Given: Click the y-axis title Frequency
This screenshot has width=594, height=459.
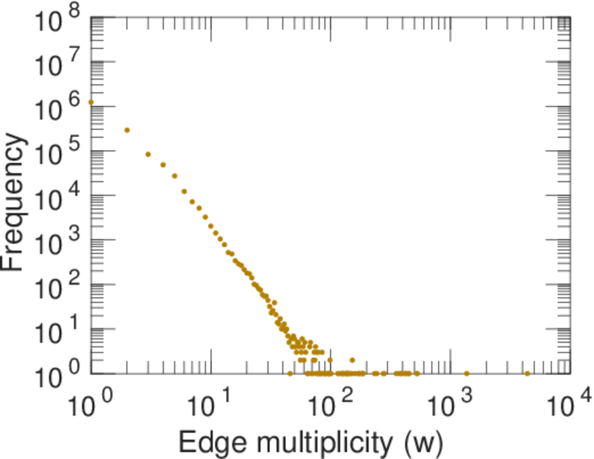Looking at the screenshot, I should pos(15,202).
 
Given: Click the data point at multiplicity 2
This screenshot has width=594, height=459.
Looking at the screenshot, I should pos(127,130).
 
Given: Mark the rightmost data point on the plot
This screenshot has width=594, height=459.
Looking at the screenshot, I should pos(527,373).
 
